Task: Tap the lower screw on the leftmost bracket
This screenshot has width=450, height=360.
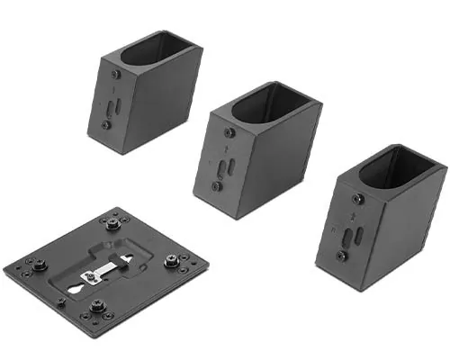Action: pos(106,124)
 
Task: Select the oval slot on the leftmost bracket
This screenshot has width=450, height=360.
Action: pos(111,105)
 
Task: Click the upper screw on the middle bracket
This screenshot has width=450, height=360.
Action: pos(229,132)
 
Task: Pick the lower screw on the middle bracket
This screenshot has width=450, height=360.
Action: pos(216,186)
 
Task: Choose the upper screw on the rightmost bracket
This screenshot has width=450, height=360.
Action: pos(358,199)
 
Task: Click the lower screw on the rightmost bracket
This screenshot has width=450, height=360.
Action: pos(341,256)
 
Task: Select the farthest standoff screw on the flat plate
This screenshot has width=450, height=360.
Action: pos(113,221)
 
